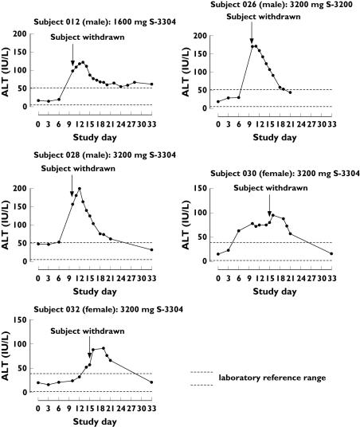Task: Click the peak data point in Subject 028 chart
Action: point(80,189)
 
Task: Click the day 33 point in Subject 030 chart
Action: point(331,253)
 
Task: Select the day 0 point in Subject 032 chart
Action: point(37,382)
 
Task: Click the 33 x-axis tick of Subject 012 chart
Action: point(152,122)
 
